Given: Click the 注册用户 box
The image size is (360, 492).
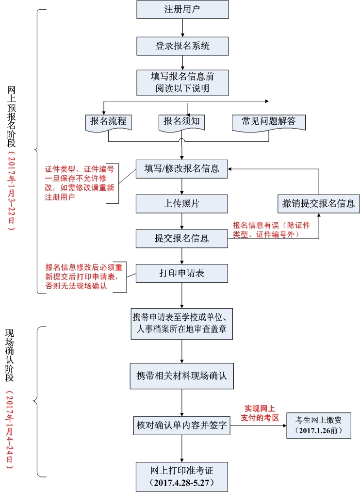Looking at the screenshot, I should (182, 10).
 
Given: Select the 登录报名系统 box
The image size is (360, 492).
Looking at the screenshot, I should (182, 46).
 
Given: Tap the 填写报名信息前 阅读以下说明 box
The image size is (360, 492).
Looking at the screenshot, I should (182, 82).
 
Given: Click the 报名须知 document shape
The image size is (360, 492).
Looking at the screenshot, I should (181, 122).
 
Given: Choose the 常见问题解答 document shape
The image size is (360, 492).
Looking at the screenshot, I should (269, 122).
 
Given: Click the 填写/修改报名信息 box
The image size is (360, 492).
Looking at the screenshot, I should (181, 169).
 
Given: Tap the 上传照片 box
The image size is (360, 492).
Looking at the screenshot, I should (181, 204).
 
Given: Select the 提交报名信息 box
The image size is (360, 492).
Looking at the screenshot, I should (181, 238).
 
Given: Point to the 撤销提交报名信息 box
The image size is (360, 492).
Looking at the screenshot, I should (319, 203).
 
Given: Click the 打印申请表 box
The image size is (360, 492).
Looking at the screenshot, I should (181, 273).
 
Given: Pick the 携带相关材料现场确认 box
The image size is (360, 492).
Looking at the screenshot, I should (181, 376).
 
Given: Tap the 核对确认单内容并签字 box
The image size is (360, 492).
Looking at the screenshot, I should (181, 426).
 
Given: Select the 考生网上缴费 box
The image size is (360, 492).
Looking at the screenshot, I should (318, 425).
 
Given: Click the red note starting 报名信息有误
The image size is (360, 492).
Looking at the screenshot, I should (271, 230).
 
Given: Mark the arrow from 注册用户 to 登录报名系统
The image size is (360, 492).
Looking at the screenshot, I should (182, 28).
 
